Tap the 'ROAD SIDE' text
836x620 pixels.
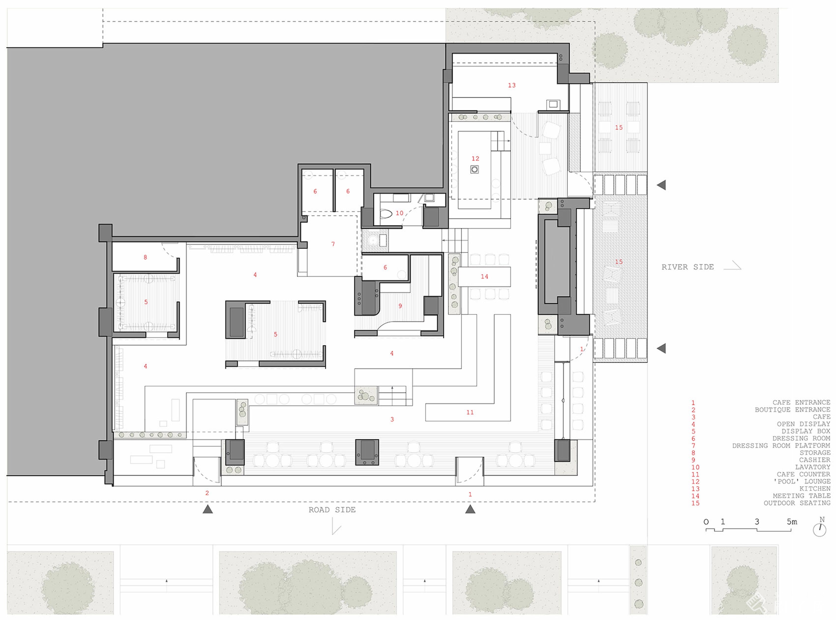pos(332,510)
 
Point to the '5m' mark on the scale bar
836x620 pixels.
pos(792,522)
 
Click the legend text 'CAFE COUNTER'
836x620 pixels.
pos(803,474)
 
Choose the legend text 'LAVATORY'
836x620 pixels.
pos(813,467)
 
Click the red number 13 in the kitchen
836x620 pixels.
pos(512,85)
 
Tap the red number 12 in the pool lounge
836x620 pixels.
pos(475,158)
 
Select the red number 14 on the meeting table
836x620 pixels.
pos(484,277)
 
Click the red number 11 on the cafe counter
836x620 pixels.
pos(470,412)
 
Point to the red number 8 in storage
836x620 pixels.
pos(145,257)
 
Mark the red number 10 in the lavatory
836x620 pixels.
pos(399,213)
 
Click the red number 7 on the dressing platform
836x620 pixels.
pos(333,244)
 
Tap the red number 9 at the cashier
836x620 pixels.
pos(400,306)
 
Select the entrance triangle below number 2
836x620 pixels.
pos(208,509)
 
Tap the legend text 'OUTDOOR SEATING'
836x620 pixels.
pos(797,503)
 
